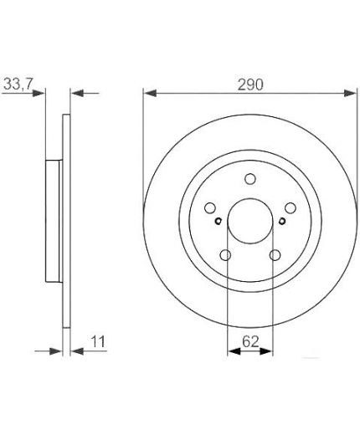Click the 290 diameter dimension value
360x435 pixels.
click(250, 84)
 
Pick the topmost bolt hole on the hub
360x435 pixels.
click(250, 178)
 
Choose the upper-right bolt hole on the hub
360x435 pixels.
click(291, 207)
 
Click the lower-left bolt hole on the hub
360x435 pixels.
click(225, 256)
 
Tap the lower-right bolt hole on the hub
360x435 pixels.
click(275, 256)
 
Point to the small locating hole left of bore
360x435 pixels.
click(218, 221)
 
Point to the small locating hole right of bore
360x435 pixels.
click(283, 221)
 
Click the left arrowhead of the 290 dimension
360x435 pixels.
click(148, 93)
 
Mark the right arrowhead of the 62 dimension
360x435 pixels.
click(268, 351)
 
